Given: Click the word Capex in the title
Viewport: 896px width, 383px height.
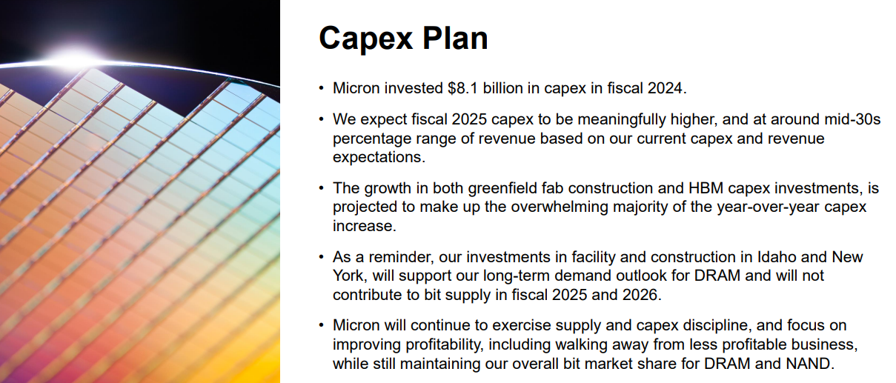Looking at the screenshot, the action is point(365,39).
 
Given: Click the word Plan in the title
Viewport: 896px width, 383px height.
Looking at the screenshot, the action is point(455,38).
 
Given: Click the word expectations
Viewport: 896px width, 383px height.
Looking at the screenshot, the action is point(379,157).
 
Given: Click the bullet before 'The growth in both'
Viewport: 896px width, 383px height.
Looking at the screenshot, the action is point(321,187).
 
